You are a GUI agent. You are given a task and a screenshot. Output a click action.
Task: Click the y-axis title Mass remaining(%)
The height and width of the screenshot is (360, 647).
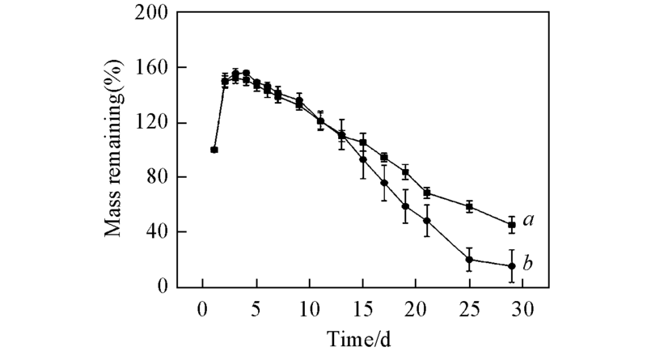coord(112,150)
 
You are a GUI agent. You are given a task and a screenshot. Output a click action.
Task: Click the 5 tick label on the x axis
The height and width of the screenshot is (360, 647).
coord(256,309)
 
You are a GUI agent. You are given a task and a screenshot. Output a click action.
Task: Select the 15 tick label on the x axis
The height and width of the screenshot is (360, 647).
coord(363,309)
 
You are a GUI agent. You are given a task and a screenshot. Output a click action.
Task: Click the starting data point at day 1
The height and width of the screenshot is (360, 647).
coord(214,150)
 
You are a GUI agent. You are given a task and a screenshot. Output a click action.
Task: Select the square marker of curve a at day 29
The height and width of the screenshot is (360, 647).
coord(512,225)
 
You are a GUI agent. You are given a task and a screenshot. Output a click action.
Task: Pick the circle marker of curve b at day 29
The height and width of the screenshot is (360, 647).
coord(512,266)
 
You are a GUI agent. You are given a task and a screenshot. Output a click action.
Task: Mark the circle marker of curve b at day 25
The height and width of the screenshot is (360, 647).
coord(469,260)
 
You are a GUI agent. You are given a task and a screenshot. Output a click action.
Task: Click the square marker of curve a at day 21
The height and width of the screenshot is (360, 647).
coord(426,193)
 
